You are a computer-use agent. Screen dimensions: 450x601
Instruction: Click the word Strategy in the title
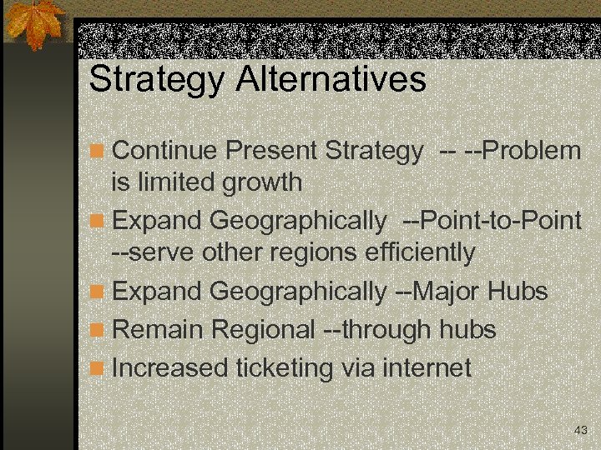point(157,81)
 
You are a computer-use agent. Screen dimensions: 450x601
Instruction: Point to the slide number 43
point(581,430)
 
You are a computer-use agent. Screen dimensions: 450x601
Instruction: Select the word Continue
point(164,151)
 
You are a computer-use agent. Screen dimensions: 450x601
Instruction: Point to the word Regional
point(263,331)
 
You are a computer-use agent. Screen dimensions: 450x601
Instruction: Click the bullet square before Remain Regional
point(98,331)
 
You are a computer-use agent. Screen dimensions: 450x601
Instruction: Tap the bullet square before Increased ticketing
point(98,368)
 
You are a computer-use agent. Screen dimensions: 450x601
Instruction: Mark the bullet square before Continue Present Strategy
point(98,152)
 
